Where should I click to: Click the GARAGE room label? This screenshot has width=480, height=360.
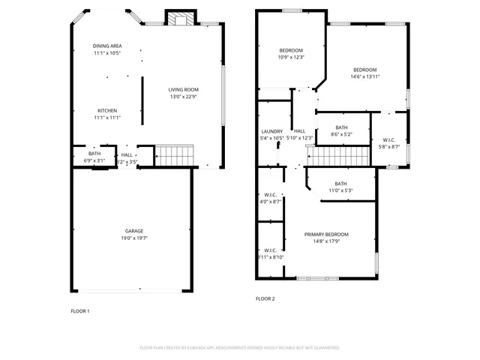pos(134,230)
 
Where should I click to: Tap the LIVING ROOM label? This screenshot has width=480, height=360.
pos(184,89)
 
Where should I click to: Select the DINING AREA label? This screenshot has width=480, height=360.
pos(107,46)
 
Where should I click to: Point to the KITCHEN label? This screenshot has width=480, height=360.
pos(107,110)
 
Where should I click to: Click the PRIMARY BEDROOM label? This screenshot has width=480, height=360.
pos(326,234)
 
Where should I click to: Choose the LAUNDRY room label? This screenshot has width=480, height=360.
pos(271,131)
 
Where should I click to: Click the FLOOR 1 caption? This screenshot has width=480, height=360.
pos(80,310)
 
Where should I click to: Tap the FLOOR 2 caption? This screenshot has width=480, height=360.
pos(265,298)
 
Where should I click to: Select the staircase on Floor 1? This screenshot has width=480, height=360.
pos(174,157)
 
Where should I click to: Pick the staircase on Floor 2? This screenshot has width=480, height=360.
pos(340,157)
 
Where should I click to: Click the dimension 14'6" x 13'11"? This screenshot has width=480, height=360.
pos(365,76)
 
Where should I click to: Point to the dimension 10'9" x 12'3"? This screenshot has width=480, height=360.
pos(290,57)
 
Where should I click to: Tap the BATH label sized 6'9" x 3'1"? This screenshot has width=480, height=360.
pos(94,154)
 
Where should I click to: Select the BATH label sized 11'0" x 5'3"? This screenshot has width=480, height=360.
pos(340,184)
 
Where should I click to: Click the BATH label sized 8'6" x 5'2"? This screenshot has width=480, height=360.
pos(342,127)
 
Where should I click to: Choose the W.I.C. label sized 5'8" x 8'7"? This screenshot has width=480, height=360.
pos(389,139)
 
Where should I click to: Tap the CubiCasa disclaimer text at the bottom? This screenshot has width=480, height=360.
pos(240,348)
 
